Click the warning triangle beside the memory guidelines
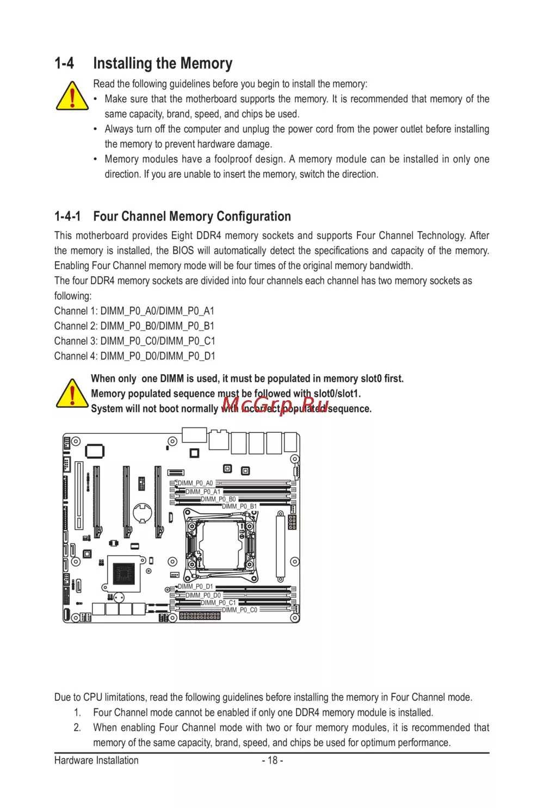[72, 96]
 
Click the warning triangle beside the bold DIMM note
[72, 394]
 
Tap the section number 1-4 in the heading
[64, 64]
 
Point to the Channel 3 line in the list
[134, 341]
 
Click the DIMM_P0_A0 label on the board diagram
[195, 483]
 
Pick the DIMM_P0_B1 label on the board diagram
[239, 506]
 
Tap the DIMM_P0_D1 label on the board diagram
[195, 587]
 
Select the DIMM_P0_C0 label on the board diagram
[239, 610]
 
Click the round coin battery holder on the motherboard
[143, 513]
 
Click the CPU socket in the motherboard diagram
[220, 545]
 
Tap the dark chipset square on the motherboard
[123, 574]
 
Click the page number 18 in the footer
[273, 760]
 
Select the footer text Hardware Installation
[96, 760]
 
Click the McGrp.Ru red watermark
[275, 405]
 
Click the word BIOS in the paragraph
[183, 251]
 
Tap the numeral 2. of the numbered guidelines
[77, 728]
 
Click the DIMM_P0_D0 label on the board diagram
[203, 595]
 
